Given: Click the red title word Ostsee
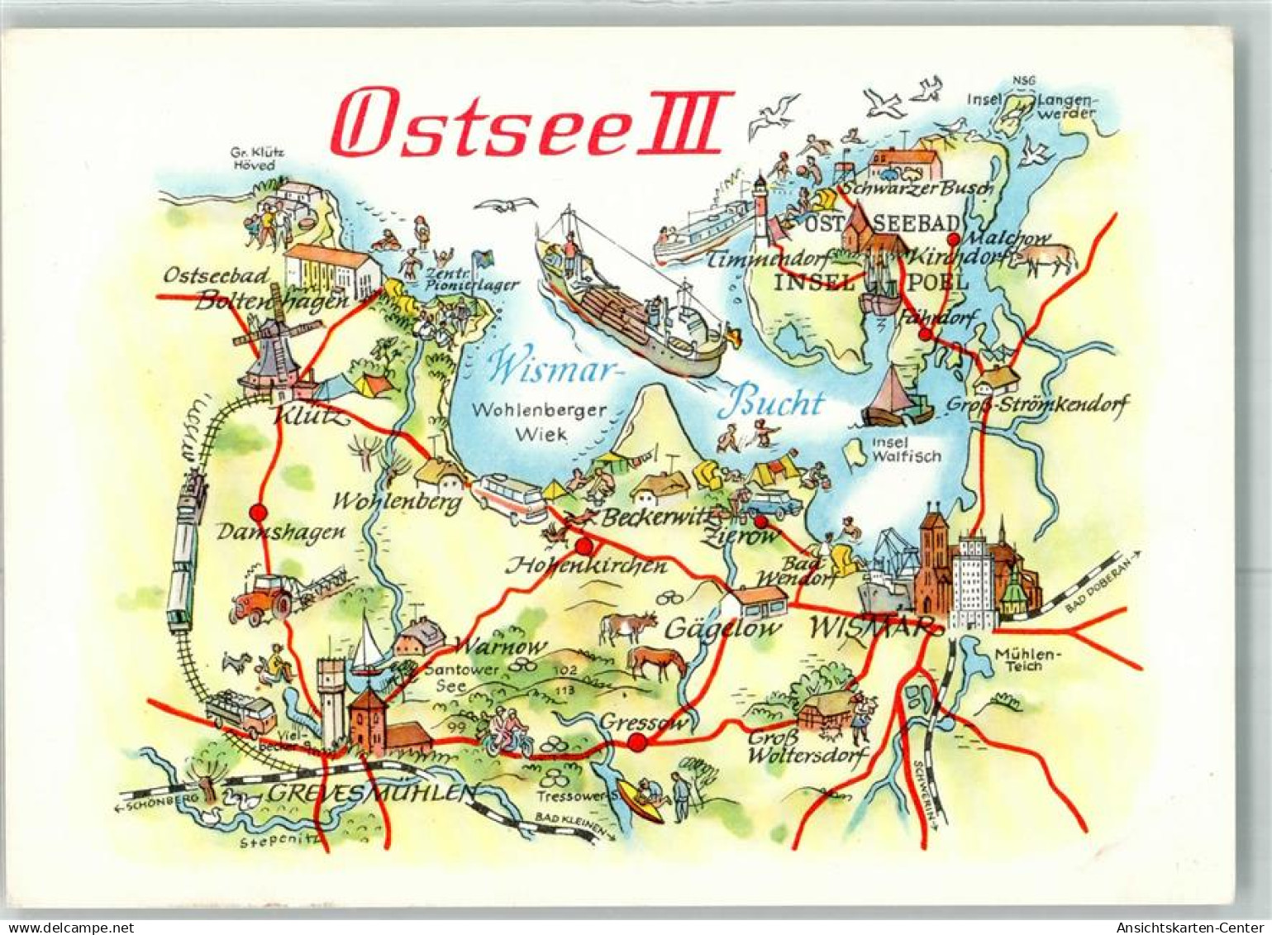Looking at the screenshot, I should click(x=479, y=124).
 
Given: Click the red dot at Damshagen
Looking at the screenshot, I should click(x=258, y=512).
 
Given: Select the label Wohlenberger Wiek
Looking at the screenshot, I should click(x=541, y=421).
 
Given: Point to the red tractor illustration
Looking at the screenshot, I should click(x=262, y=598).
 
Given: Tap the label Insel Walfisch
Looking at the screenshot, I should click(x=906, y=449).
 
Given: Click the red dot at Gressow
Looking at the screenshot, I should click(x=636, y=742).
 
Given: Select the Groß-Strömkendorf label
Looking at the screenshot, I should click(x=1036, y=406).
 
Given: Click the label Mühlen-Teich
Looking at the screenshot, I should click(x=1026, y=660).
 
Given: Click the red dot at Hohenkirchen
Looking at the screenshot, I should click(x=584, y=546).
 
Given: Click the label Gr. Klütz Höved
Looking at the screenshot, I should click(x=252, y=159).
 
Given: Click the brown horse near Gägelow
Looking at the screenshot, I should click(x=657, y=661).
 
